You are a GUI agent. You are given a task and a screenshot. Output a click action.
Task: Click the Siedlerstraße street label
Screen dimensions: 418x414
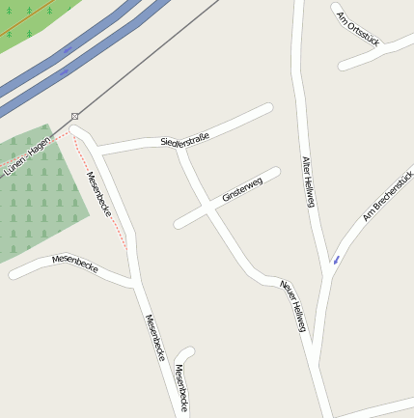pos(184,139)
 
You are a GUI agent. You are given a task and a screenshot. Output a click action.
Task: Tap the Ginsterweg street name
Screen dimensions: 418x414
pos(241,189)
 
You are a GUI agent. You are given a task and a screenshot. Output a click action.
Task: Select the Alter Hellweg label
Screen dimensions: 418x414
pos(309,181)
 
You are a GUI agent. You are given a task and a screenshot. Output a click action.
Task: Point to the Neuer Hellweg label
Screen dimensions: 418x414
pos(292,308)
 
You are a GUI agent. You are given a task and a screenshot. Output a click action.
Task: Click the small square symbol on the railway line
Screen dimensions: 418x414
pos(74,116)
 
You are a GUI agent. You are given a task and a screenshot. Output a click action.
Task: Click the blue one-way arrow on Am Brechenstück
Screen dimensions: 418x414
pos(336,259)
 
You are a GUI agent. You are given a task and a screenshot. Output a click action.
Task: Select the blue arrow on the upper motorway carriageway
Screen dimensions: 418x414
pos(68,49)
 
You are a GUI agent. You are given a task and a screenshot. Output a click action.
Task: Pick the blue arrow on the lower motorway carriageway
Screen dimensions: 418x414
pos(64,71)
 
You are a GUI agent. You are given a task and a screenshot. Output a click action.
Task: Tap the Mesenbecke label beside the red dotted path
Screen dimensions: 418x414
pos(98,193)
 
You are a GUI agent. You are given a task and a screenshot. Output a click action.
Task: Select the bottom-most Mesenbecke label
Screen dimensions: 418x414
pos(182,388)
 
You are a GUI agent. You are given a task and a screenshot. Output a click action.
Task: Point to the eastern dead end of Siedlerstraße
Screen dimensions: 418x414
pos(267,109)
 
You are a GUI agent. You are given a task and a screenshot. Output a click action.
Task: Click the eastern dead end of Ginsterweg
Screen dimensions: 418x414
pos(275,173)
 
